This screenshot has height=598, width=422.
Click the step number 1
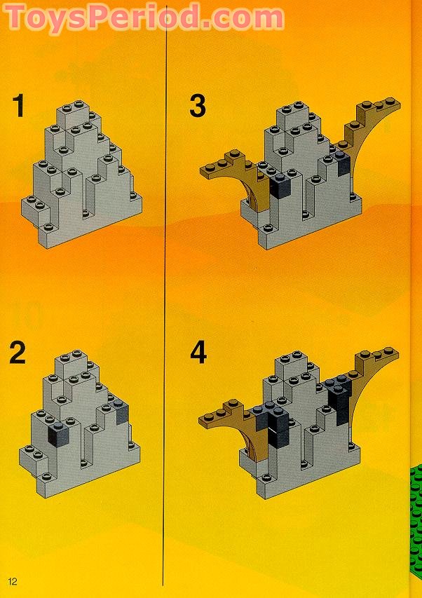18,107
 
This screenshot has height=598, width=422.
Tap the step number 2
18,352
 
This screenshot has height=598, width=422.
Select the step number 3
198,107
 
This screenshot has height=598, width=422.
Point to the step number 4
198,352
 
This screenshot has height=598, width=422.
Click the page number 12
13,581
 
